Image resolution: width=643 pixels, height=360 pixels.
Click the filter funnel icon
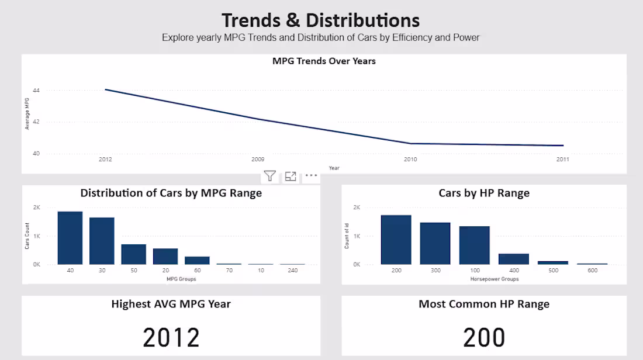point(270,176)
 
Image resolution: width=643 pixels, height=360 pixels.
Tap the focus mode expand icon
point(291,176)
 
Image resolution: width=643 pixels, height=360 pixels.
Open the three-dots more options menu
point(311,175)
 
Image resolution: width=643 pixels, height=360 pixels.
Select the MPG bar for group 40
point(70,238)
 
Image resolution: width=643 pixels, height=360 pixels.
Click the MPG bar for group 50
point(134,254)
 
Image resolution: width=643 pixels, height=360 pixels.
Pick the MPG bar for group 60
point(197,261)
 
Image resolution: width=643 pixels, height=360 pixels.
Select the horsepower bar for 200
point(396,240)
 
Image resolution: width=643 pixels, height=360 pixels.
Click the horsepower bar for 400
point(514,259)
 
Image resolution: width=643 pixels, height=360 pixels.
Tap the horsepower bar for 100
point(475,245)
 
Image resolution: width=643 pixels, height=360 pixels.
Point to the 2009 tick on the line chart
point(258,159)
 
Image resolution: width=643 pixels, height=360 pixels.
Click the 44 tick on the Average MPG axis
point(36,90)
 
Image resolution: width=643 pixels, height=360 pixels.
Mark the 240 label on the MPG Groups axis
point(293,270)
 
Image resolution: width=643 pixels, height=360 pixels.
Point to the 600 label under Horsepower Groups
point(593,270)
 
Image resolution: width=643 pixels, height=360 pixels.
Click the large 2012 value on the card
point(171,337)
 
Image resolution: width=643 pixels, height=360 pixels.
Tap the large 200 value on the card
point(484,337)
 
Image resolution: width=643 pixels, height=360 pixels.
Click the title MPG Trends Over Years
point(324,61)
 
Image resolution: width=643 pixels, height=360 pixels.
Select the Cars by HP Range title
point(484,193)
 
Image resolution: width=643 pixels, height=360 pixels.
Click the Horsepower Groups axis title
point(495,279)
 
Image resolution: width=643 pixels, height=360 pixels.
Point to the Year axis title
point(334,168)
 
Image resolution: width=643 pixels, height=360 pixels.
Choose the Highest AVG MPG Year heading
point(171,304)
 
